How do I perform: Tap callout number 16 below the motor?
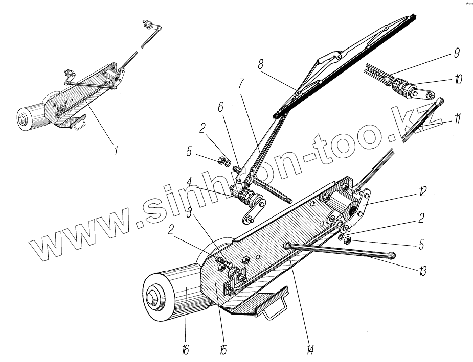click(x=185, y=350)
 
